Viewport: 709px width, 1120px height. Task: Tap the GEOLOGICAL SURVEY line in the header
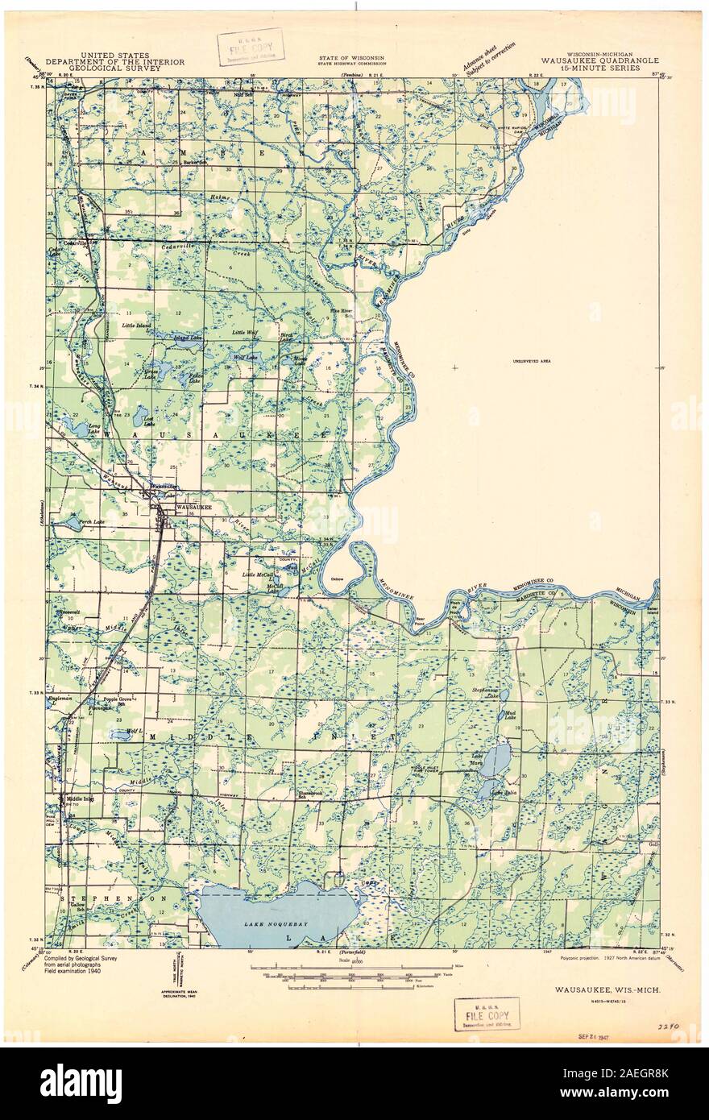point(114,68)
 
